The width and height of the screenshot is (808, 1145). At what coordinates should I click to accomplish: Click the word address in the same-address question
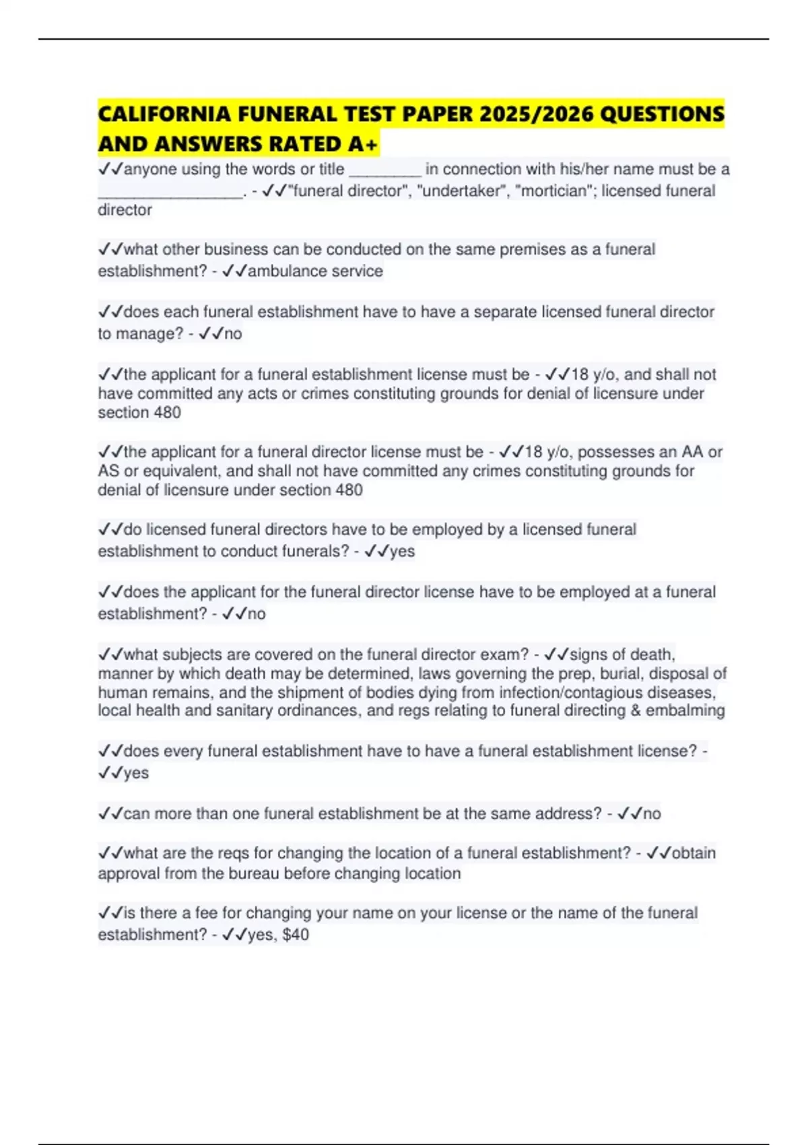(564, 813)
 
